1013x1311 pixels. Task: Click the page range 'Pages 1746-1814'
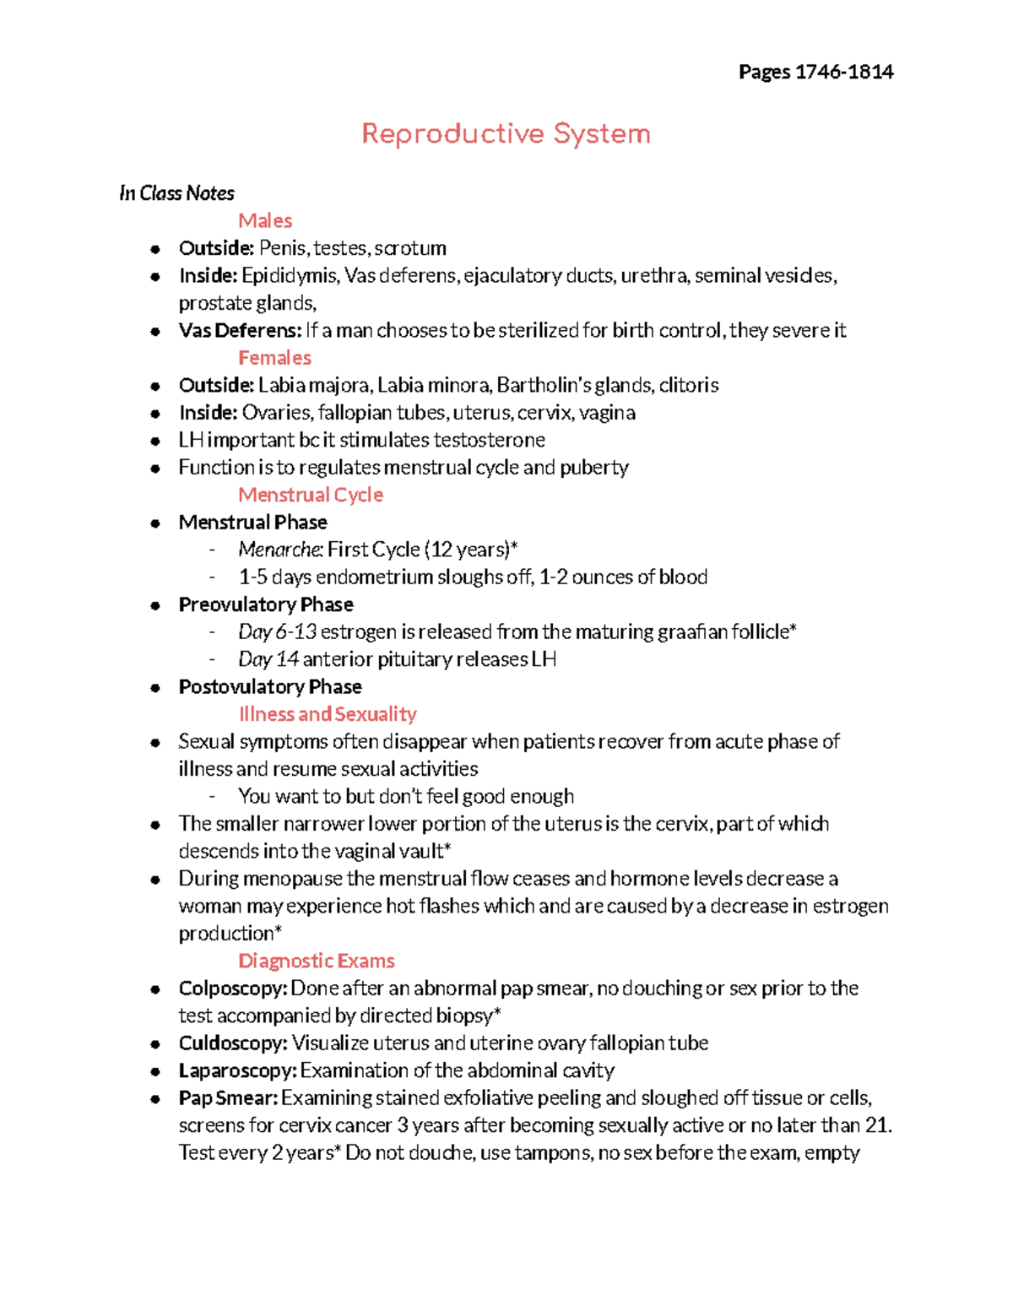tap(815, 72)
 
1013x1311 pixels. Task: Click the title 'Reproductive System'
tap(506, 134)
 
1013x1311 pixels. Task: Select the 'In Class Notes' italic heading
tap(176, 193)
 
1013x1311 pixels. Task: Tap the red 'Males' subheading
tap(265, 220)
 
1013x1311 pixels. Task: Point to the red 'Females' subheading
tap(274, 358)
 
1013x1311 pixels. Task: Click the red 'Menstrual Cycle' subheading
tap(311, 495)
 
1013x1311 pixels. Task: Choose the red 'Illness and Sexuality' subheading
tap(328, 714)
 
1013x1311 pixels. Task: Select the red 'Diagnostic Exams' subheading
tap(317, 961)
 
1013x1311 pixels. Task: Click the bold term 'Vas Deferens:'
tap(240, 330)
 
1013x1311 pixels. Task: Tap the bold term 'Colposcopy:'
tap(233, 989)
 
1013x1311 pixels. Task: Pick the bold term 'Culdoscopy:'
tap(233, 1043)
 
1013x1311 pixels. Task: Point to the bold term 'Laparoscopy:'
tap(237, 1070)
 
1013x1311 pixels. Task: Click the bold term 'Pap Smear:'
tap(228, 1098)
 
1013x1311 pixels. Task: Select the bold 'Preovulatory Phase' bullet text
tap(266, 604)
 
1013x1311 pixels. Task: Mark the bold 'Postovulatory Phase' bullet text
tap(270, 687)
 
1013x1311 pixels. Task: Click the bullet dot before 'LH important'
tap(155, 441)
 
